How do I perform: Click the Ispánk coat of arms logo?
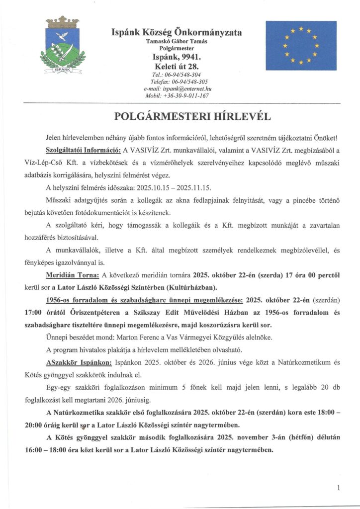[x=63, y=45]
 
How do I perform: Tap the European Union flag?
[x=300, y=45]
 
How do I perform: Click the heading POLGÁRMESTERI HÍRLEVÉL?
[x=180, y=117]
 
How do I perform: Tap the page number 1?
[x=338, y=488]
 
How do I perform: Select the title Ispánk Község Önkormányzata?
[x=177, y=32]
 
